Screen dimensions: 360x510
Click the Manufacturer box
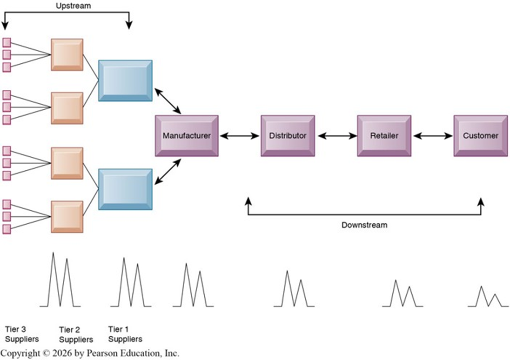pyautogui.click(x=186, y=136)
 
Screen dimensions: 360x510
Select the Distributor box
pyautogui.click(x=288, y=136)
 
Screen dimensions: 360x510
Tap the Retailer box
pyautogui.click(x=384, y=136)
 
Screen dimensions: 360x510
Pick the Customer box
pyautogui.click(x=480, y=136)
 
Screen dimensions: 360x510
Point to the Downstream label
pyautogui.click(x=364, y=225)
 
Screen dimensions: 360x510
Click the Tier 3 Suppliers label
pyautogui.click(x=21, y=334)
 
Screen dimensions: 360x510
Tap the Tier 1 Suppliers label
pyautogui.click(x=125, y=334)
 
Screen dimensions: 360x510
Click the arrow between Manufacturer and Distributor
pyautogui.click(x=240, y=136)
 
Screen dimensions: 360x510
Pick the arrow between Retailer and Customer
pyautogui.click(x=433, y=136)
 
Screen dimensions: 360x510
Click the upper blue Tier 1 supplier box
pyautogui.click(x=125, y=80)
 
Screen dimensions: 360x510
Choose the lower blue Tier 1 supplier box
pyautogui.click(x=125, y=189)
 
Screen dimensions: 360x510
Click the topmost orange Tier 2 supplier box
pyautogui.click(x=67, y=55)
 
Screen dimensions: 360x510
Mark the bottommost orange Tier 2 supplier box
pyautogui.click(x=67, y=216)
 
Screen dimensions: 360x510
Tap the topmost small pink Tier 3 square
pyautogui.click(x=7, y=42)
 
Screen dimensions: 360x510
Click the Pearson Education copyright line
pyautogui.click(x=90, y=353)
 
